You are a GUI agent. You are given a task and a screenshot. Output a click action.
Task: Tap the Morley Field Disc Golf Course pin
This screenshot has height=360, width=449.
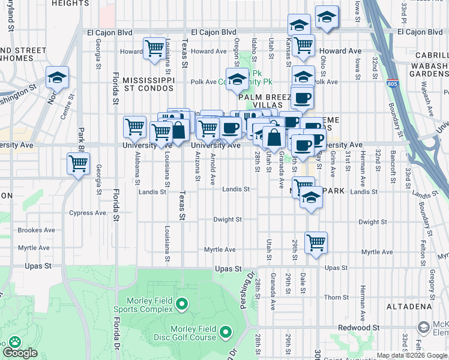click(x=226, y=331)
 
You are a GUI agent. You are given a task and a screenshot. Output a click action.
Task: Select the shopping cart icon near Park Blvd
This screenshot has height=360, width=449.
click(x=79, y=163)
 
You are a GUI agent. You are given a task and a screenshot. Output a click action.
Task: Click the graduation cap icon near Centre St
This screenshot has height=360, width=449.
click(x=57, y=77)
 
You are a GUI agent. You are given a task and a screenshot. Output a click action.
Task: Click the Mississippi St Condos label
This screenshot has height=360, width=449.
click(x=148, y=84)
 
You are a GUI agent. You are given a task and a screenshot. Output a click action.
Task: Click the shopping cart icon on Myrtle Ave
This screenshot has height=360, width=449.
click(x=316, y=243)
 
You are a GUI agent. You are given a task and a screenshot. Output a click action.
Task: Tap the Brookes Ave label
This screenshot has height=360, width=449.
click(x=37, y=230)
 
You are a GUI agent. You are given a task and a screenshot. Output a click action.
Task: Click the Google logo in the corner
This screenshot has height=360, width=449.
click(x=20, y=353)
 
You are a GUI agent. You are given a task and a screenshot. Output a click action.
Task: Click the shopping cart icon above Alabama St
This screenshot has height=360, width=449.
click(x=135, y=127)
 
